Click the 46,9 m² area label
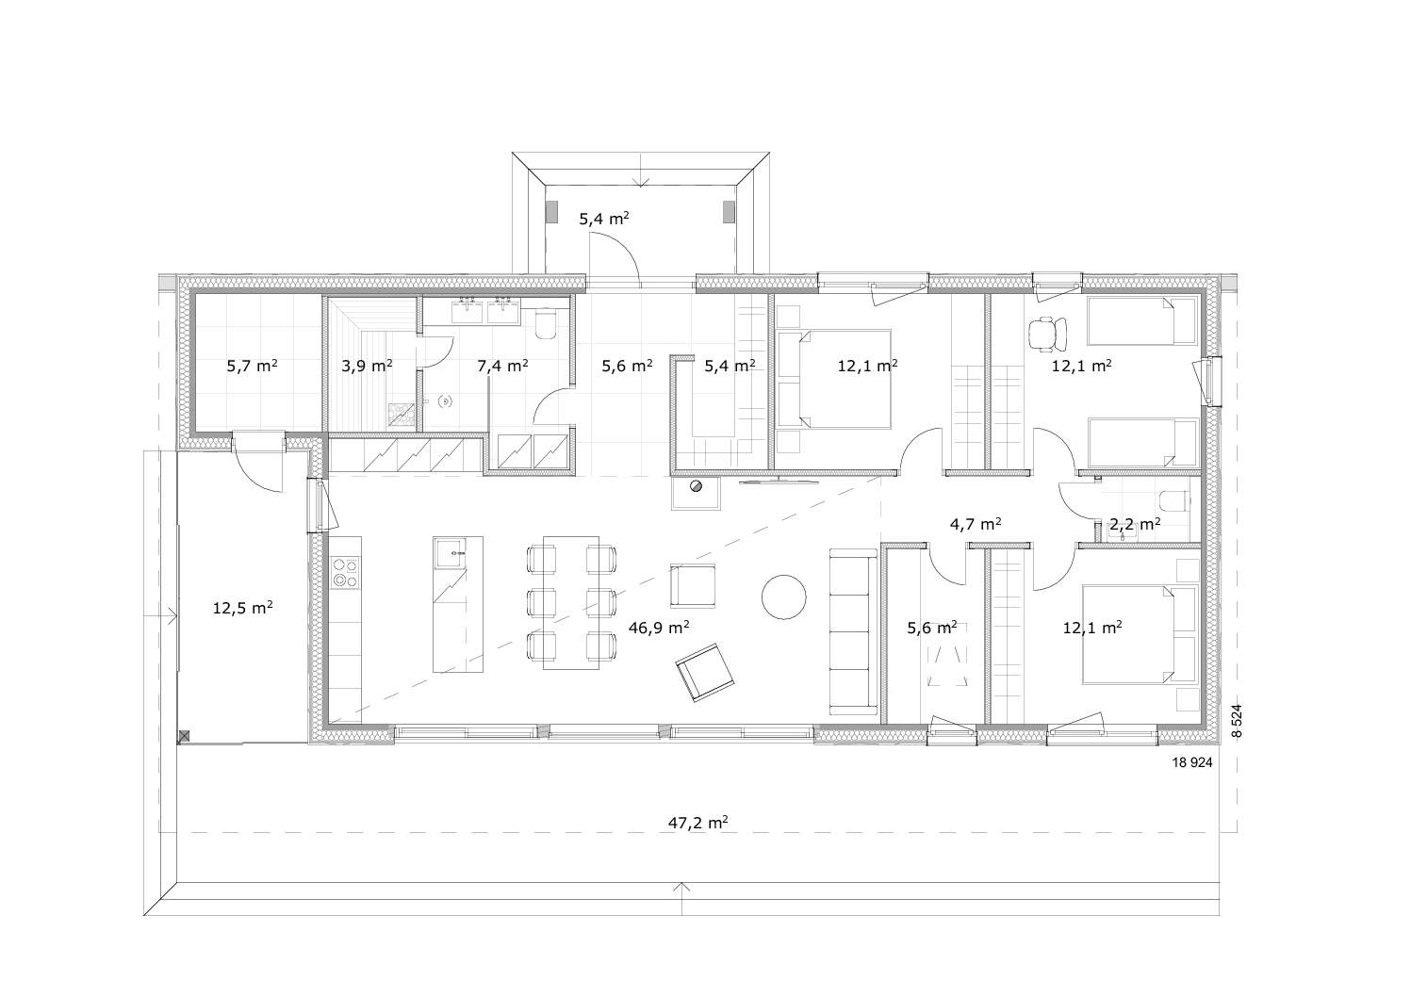point(659,627)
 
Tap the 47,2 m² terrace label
point(697,823)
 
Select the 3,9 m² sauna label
point(368,366)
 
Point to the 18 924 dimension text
point(1191,762)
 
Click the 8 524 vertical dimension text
point(1237,721)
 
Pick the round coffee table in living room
point(783,597)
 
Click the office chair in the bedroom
point(1047,334)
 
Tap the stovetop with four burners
point(345,573)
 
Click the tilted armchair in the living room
point(704,672)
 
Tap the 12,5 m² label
point(242,609)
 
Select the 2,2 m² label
point(1135,524)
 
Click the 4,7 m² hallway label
point(976,523)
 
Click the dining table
point(570,603)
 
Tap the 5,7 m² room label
point(252,366)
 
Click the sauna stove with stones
point(402,415)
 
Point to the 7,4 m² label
point(502,366)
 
